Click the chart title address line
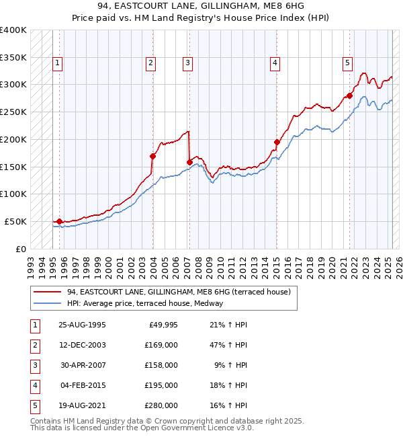pyautogui.click(x=201, y=8)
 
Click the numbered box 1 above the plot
pyautogui.click(x=58, y=64)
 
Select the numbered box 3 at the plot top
pyautogui.click(x=187, y=64)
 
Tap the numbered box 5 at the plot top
pyautogui.click(x=347, y=64)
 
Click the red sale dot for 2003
pyautogui.click(x=153, y=156)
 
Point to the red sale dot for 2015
pyautogui.click(x=277, y=142)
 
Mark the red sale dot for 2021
pyautogui.click(x=350, y=95)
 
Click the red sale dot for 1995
pyautogui.click(x=59, y=221)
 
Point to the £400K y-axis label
pyautogui.click(x=13, y=30)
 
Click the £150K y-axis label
pyautogui.click(x=13, y=167)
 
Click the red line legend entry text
pyautogui.click(x=178, y=292)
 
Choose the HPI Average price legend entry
pyautogui.click(x=149, y=303)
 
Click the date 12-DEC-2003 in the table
pyautogui.click(x=83, y=345)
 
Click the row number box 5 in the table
pyautogui.click(x=34, y=405)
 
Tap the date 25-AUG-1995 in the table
pyautogui.click(x=83, y=325)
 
